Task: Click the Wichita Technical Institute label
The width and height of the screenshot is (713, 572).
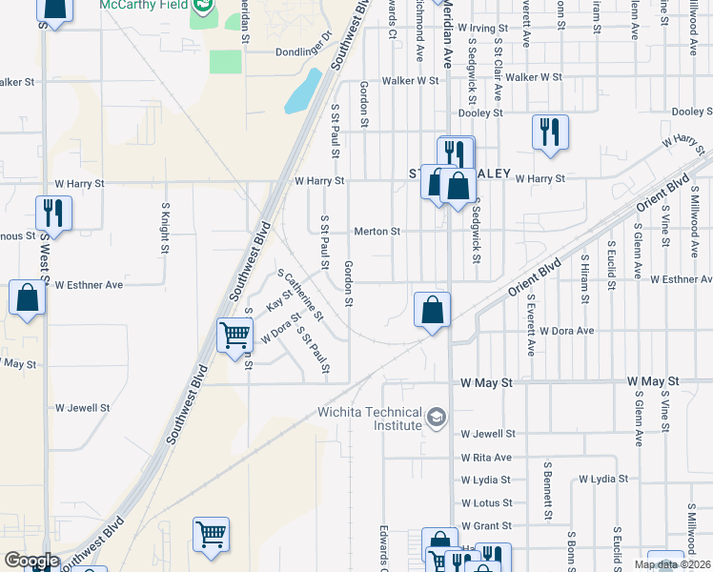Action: [x=369, y=419]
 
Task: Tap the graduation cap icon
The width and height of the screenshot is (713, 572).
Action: [x=437, y=417]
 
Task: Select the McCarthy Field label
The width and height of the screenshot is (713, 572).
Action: [x=144, y=5]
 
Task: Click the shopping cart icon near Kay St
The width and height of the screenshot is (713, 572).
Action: [x=234, y=335]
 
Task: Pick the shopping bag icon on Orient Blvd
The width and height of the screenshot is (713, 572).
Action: [x=433, y=310]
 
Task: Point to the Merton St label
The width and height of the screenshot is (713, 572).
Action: [x=377, y=232]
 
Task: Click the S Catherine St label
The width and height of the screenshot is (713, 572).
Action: [x=301, y=295]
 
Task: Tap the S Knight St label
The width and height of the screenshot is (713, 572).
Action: [x=165, y=221]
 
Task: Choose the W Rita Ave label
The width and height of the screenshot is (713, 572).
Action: [x=486, y=458]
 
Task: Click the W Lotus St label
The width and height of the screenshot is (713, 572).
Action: [x=486, y=502]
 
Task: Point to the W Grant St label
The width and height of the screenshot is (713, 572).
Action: [x=486, y=525]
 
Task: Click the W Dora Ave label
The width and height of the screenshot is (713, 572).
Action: [x=567, y=331]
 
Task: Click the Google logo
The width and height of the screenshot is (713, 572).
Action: [x=31, y=561]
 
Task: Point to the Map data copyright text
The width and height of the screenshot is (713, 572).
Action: [x=672, y=564]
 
